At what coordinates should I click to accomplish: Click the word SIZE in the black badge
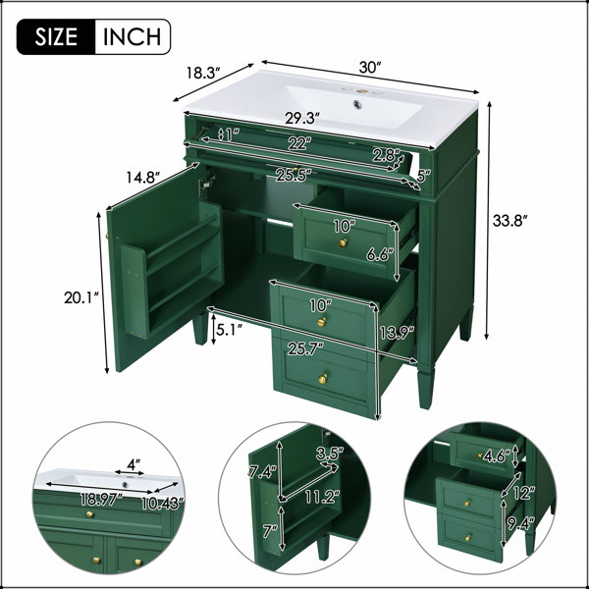coord(56,37)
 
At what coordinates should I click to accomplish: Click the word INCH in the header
coord(132,37)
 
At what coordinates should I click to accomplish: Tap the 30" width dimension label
coord(370,68)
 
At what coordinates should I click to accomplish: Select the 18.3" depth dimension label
coord(203,73)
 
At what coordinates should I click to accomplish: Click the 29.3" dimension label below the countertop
coord(302,119)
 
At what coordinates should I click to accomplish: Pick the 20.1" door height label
coord(81,297)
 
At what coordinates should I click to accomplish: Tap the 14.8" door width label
coord(142,177)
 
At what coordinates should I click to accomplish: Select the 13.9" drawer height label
coord(397,333)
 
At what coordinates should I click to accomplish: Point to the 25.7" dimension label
coord(305,349)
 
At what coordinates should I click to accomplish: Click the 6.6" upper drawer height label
coord(380,255)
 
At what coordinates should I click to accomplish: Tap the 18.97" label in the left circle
coord(101,500)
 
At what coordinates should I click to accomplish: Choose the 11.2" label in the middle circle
coord(322,498)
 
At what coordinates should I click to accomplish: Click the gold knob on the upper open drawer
coord(343,242)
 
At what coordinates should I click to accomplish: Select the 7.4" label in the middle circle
coord(262,471)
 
